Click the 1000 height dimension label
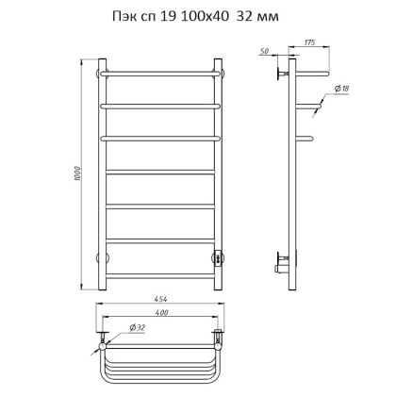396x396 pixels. point(78,173)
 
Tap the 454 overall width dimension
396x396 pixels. point(160,299)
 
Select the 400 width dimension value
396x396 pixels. point(161,312)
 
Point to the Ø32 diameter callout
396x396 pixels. point(138,328)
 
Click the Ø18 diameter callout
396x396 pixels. point(341,89)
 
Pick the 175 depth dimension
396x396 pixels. point(309,42)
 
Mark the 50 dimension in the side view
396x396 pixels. point(265,51)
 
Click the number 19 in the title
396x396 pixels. point(168,16)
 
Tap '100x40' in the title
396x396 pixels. point(205,16)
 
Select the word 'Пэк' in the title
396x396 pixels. point(124,17)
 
